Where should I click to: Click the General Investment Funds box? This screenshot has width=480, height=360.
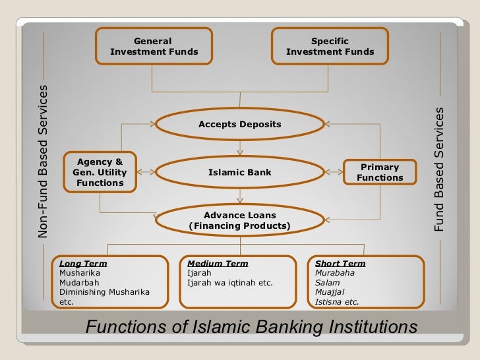pos(154,46)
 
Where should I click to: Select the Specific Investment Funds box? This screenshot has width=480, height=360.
pos(330,46)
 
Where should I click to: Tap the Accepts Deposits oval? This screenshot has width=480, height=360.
pos(240,125)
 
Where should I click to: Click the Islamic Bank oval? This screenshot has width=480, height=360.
pos(240,173)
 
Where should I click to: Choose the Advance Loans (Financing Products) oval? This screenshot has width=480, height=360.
pos(240,221)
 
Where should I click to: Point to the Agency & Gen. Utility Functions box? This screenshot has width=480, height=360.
pos(100,172)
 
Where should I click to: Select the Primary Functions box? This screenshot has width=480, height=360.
pos(380,173)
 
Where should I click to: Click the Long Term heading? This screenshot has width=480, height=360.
pos(83,264)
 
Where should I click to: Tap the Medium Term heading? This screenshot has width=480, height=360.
pos(218,264)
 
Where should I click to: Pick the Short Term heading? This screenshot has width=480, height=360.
pos(340,264)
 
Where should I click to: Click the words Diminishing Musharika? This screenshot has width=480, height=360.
pos(104,292)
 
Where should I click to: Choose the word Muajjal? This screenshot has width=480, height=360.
pos(330,292)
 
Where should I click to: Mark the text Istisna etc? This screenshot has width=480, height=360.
pos(337,302)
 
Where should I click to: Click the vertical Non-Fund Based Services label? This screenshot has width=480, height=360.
pos(44,161)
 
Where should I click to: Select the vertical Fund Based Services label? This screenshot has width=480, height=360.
pos(438,169)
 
